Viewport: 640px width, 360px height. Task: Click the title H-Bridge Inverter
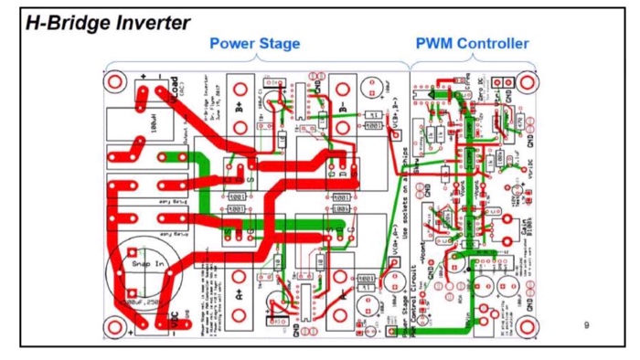click(x=108, y=23)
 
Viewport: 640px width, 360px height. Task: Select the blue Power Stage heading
click(x=254, y=44)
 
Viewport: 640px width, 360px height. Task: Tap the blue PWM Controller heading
click(x=472, y=44)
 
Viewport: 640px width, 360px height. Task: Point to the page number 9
click(x=585, y=324)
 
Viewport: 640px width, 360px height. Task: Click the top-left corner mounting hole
click(x=116, y=82)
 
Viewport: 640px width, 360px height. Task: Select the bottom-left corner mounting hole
click(x=116, y=326)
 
